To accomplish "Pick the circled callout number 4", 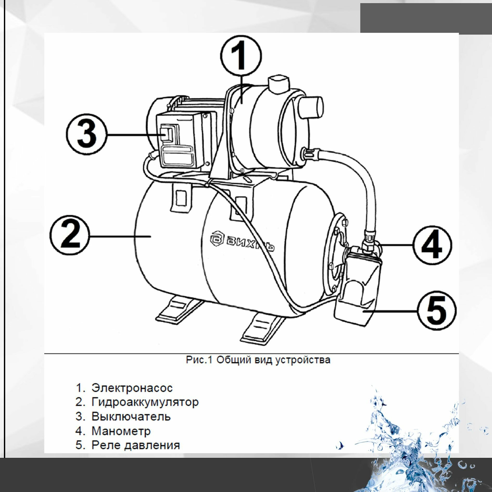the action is (x=432, y=245).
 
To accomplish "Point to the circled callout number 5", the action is (x=436, y=311).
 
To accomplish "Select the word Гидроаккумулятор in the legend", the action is (x=145, y=402).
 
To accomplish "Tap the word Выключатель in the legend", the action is (x=131, y=417).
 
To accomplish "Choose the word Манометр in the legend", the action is (x=121, y=431).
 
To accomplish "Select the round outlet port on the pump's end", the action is (x=311, y=107).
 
